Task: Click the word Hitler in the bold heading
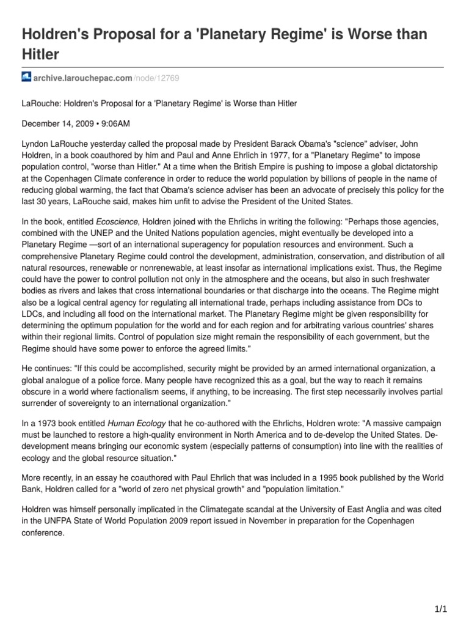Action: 40,54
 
